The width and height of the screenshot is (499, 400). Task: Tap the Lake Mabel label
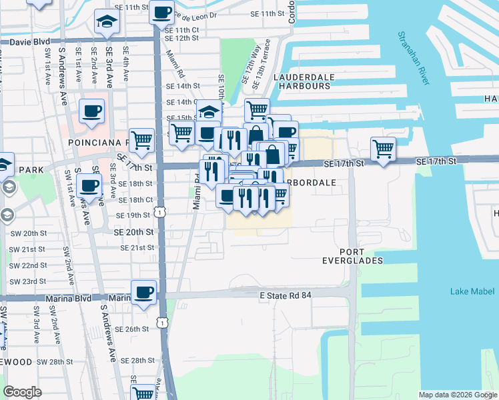[472, 291]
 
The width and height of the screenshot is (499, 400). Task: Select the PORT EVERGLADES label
[361, 255]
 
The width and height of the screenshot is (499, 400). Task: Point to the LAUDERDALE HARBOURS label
[304, 81]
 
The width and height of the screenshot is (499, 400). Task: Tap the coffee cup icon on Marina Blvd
[143, 292]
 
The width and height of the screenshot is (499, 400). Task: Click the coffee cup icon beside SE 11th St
[162, 11]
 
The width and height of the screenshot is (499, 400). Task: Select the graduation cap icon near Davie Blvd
[107, 22]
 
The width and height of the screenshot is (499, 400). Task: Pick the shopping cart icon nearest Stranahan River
[383, 148]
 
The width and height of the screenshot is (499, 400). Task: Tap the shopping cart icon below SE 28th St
[143, 393]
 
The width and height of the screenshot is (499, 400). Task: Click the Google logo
[23, 392]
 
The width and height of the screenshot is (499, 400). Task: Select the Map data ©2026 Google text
[458, 395]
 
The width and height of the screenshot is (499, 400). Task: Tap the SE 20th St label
[133, 232]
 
